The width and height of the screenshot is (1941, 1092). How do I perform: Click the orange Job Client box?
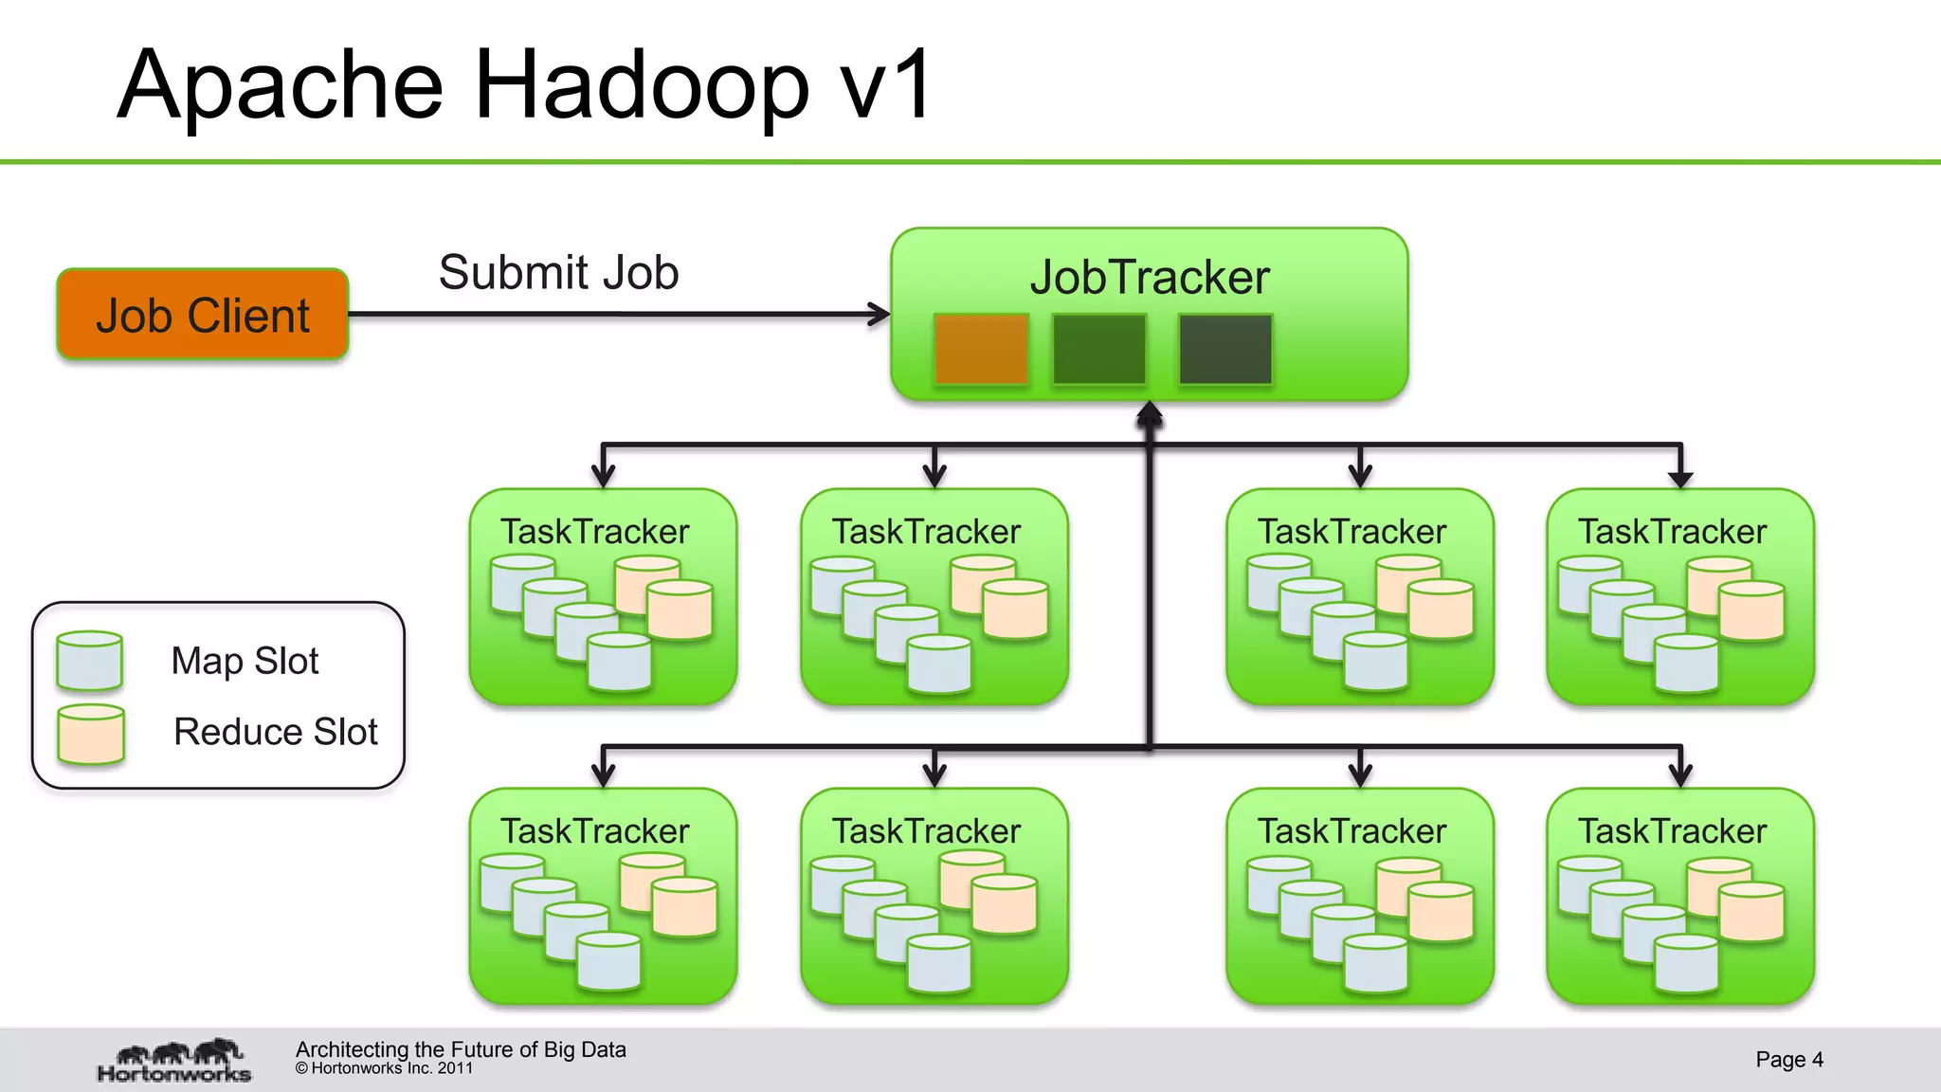tap(203, 315)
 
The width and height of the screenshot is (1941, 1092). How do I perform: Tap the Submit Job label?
tap(558, 273)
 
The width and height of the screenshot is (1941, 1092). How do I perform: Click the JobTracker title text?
tap(1149, 278)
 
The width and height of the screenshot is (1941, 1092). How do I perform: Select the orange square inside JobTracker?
tap(981, 349)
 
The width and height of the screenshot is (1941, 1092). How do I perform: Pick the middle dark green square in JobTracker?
tap(1099, 349)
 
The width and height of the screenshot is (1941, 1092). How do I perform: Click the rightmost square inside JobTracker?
tap(1224, 349)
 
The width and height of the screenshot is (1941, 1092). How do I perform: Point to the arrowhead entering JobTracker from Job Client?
tap(880, 314)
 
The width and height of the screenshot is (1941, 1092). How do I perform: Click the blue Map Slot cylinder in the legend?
tap(89, 661)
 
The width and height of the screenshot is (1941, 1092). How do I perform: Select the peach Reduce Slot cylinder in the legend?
tap(90, 734)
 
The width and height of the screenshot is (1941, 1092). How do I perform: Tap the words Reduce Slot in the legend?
tap(275, 732)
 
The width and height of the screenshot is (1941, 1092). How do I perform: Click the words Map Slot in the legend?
tap(245, 661)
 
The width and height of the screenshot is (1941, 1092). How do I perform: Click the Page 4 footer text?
tap(1788, 1059)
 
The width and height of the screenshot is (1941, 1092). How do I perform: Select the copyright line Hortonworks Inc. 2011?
tap(384, 1068)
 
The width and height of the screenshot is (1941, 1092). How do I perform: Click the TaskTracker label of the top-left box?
tap(594, 532)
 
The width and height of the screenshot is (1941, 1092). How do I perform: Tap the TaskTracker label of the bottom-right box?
tap(1672, 831)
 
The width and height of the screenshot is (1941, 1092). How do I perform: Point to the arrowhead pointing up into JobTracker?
tap(1149, 411)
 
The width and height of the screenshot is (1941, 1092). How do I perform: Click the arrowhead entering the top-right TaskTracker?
tap(1680, 479)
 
